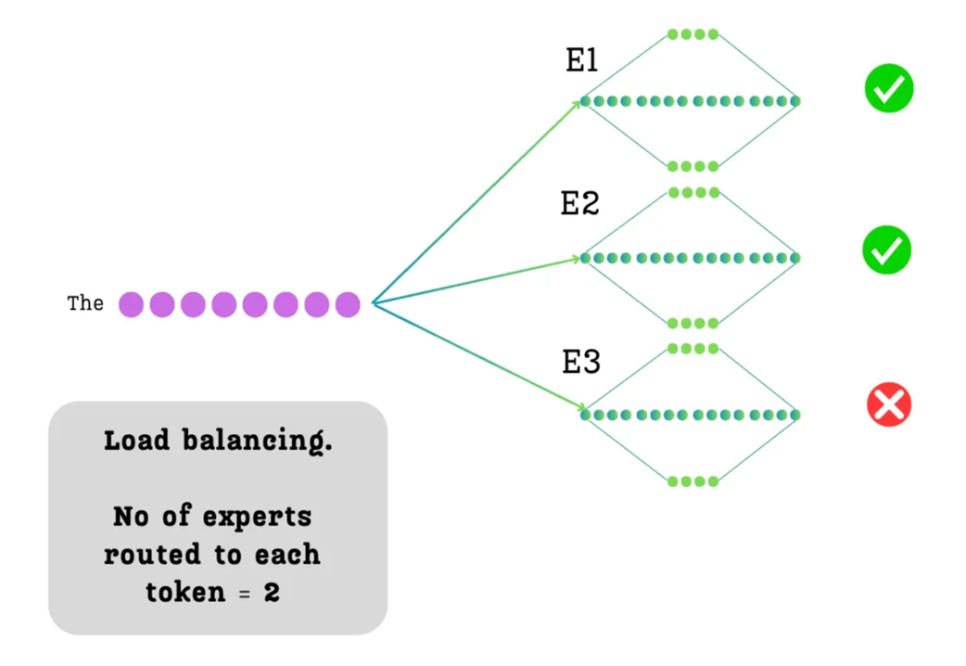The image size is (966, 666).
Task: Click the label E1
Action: point(582,61)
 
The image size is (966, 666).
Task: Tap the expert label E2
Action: point(580,203)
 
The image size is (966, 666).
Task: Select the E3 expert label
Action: point(581,362)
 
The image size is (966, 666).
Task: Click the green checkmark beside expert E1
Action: point(889,89)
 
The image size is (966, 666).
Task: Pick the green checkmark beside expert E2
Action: point(887,250)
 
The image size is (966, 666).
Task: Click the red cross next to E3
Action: point(889,405)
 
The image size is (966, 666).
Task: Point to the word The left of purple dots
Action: point(85,303)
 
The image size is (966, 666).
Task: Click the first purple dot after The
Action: point(132,304)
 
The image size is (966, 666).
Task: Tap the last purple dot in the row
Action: point(348,304)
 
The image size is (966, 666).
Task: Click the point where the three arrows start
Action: point(373,302)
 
